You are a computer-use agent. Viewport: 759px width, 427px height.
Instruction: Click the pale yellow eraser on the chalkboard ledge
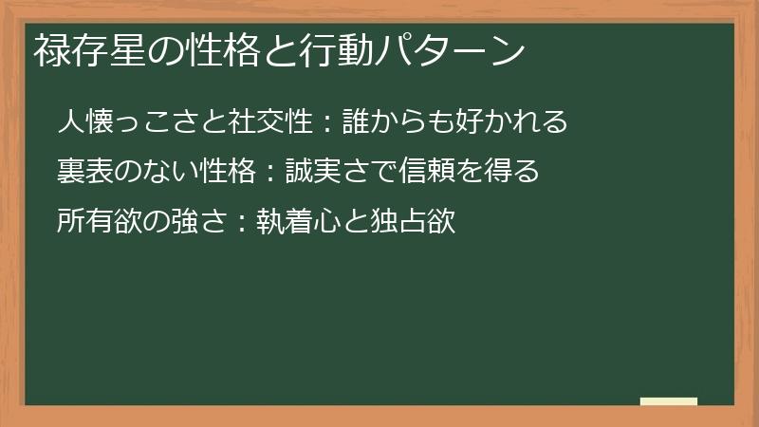(x=669, y=401)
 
